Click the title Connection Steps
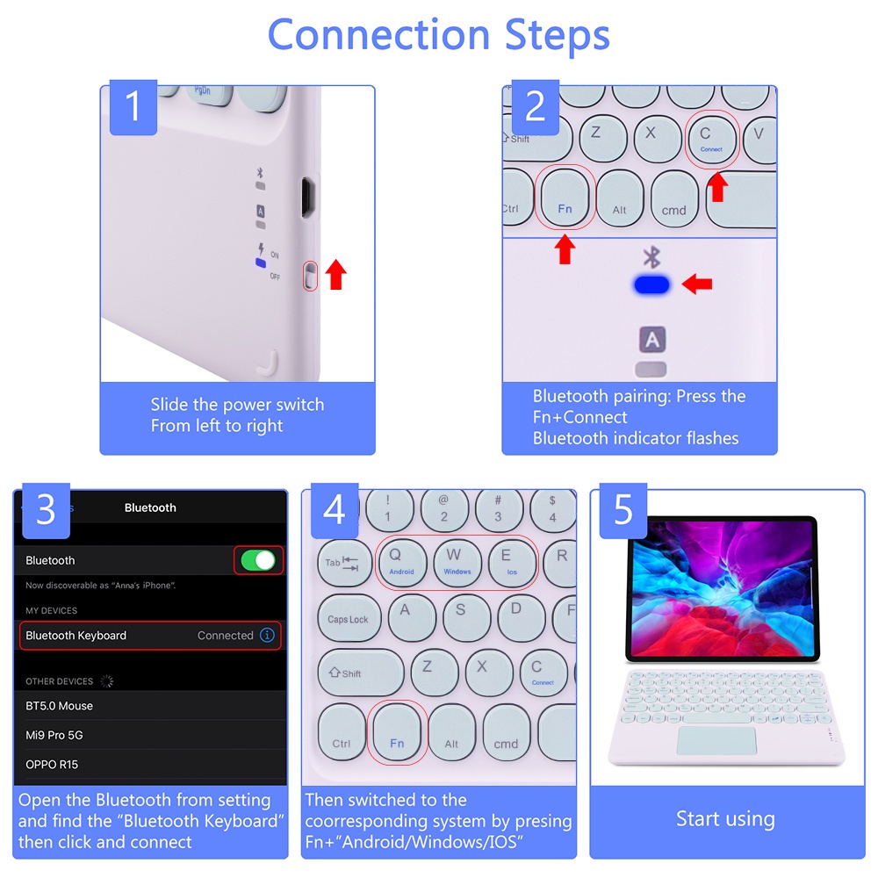(438, 35)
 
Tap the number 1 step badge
(133, 106)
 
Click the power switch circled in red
(310, 275)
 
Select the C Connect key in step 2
(710, 138)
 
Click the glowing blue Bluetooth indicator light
(651, 284)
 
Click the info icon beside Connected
(268, 635)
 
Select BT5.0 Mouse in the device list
(60, 706)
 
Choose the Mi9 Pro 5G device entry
(54, 735)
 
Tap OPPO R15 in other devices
(52, 764)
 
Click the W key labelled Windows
(457, 561)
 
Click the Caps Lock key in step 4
(349, 619)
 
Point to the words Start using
(725, 819)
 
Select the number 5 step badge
(623, 510)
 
